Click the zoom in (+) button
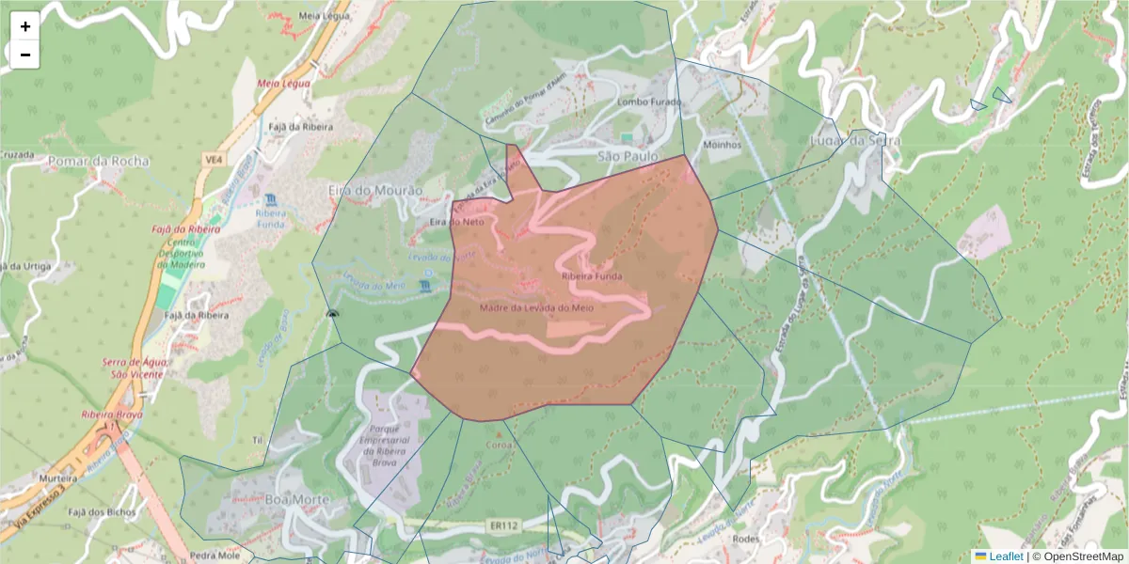[x=25, y=26]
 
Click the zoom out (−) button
[x=25, y=55]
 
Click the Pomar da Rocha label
[x=99, y=161]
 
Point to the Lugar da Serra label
[x=855, y=141]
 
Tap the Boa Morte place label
[x=298, y=498]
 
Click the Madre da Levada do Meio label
[x=535, y=307]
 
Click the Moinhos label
[x=723, y=146]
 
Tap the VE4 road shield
[x=214, y=161]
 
